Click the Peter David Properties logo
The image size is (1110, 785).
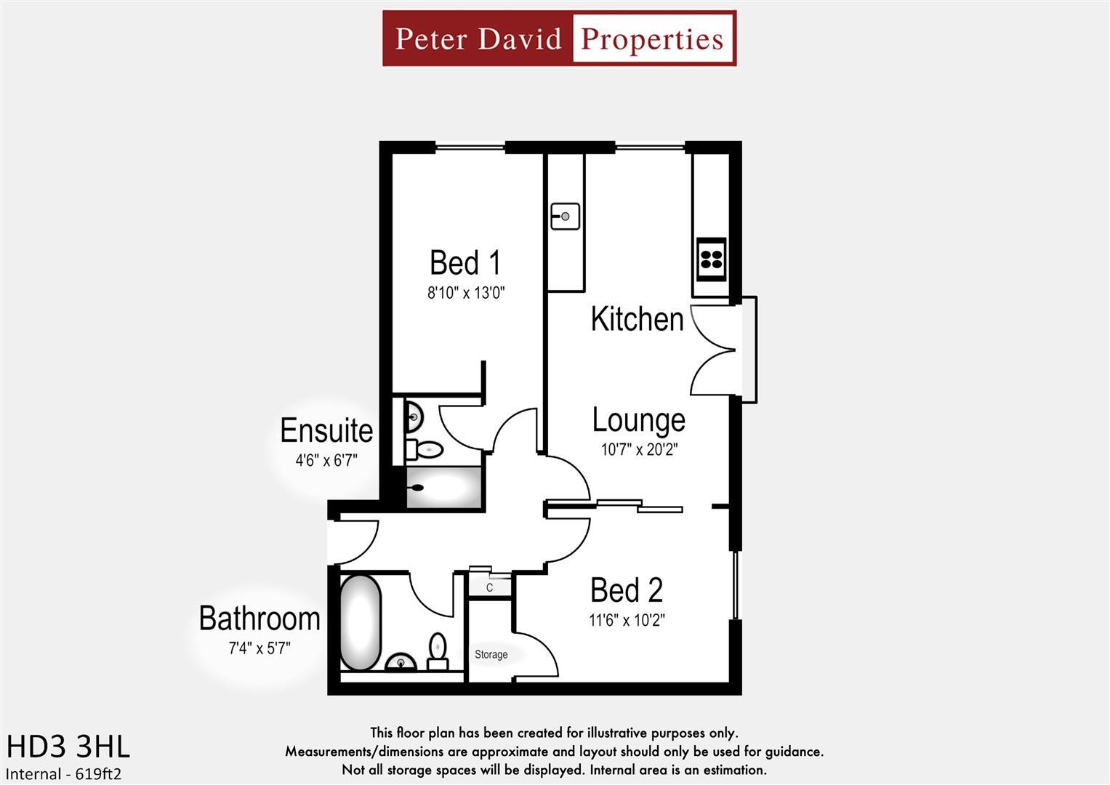click(559, 39)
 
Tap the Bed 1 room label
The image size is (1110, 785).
click(465, 263)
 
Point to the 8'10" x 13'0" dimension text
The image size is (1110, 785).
click(465, 294)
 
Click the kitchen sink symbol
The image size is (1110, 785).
click(565, 216)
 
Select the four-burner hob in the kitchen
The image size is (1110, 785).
click(711, 259)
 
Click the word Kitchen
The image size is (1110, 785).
click(637, 320)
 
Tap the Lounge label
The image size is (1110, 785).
click(638, 420)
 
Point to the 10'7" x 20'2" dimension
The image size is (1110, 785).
click(638, 450)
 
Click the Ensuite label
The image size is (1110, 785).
click(326, 431)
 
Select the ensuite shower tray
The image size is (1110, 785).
click(443, 488)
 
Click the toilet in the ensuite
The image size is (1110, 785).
click(425, 450)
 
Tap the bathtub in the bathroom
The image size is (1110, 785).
click(361, 624)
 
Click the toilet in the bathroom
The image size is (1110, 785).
click(438, 651)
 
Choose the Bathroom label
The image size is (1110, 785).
click(260, 619)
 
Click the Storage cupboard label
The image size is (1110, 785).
click(491, 655)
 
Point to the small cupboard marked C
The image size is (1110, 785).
click(489, 587)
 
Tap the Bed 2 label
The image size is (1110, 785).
click(627, 590)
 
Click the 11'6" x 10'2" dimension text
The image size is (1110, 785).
click(627, 621)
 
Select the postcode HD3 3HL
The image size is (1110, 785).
click(68, 746)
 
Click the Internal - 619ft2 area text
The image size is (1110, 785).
click(64, 774)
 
